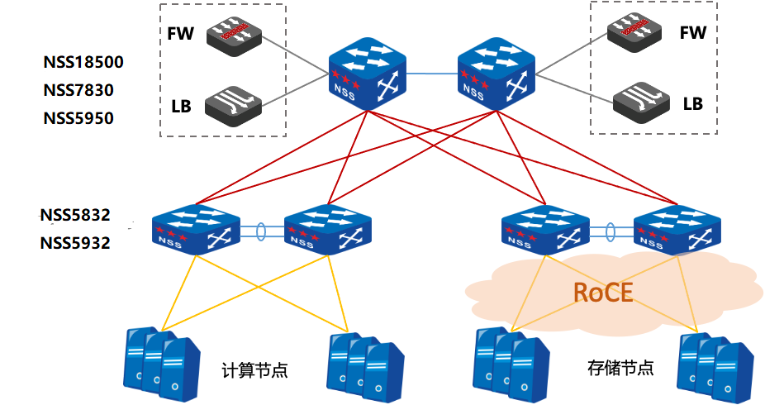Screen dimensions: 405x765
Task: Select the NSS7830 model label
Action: [x=78, y=91]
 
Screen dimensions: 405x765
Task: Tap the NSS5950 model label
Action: [x=78, y=118]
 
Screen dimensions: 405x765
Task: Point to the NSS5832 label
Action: [x=75, y=216]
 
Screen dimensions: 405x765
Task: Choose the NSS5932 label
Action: [x=75, y=243]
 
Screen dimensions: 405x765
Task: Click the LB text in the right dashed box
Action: [x=692, y=104]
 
